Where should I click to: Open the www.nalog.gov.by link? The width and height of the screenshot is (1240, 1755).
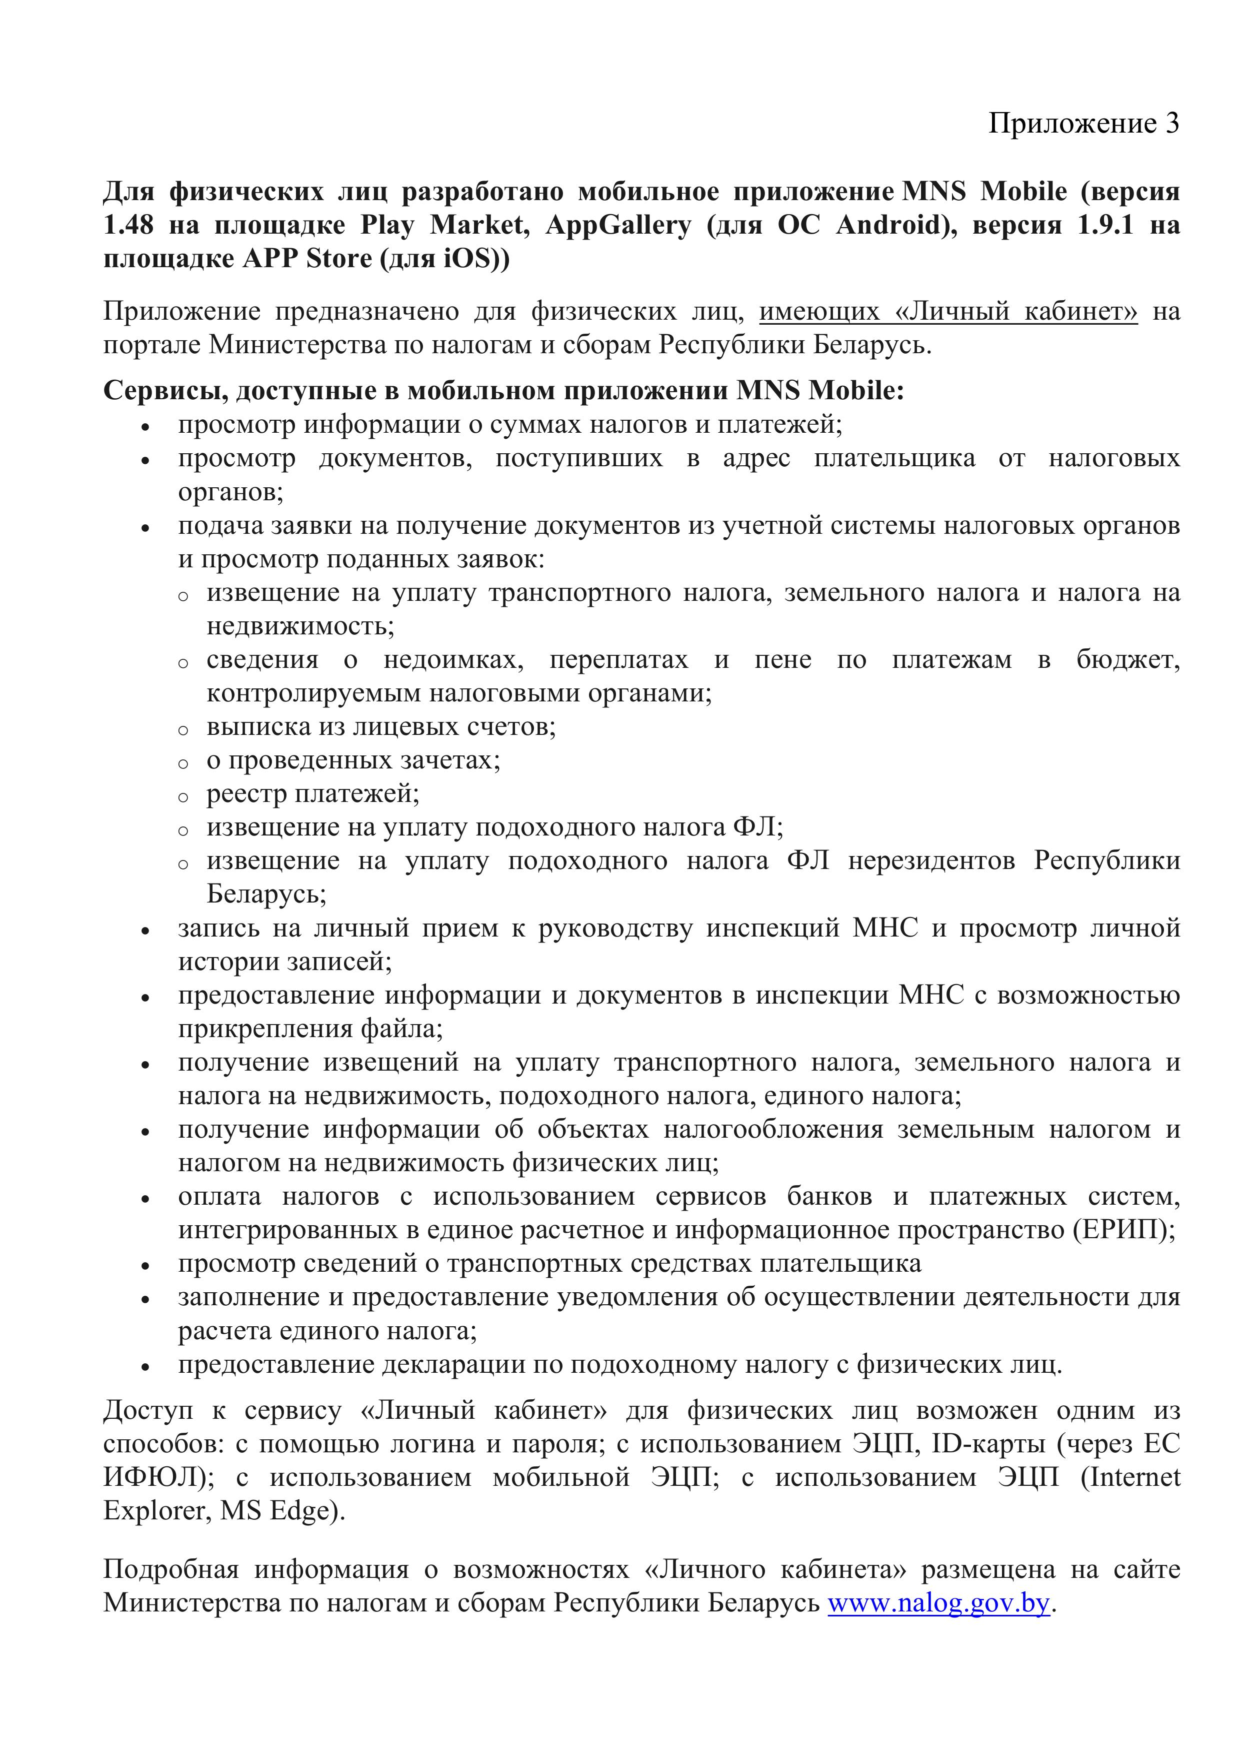coord(938,1603)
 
